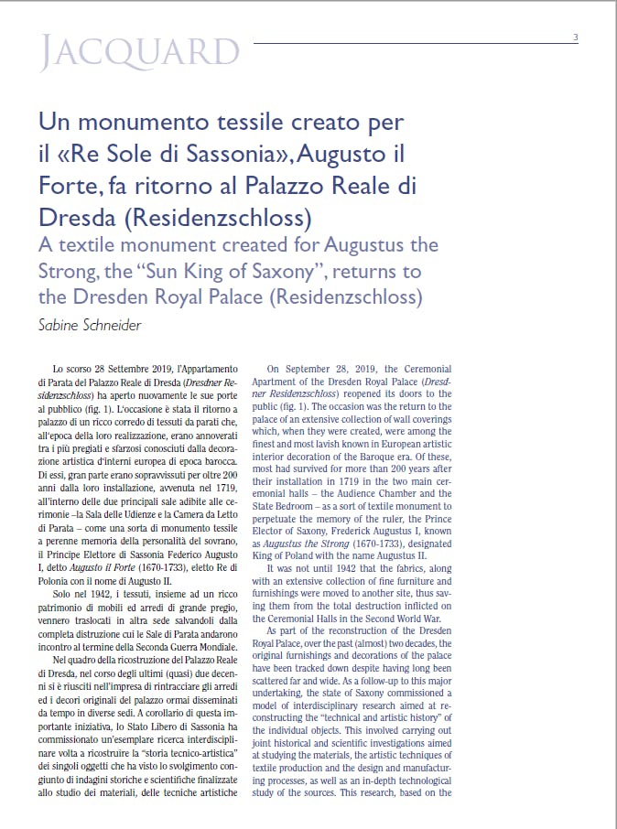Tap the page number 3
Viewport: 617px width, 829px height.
point(575,38)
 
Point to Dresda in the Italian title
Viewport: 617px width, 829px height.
point(77,218)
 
